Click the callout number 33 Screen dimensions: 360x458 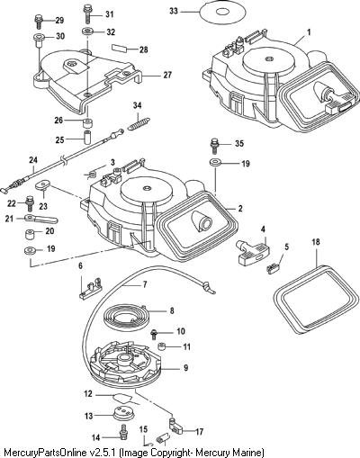174,11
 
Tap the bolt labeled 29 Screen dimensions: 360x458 39,22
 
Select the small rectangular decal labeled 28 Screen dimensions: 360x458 120,49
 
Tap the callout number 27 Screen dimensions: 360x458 167,75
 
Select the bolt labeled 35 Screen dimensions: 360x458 214,147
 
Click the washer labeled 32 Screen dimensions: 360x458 88,31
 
